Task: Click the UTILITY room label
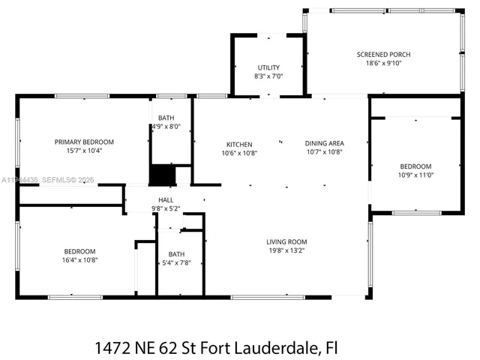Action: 268,67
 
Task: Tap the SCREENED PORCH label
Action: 383,55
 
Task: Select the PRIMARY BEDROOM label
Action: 84,142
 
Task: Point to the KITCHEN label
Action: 239,144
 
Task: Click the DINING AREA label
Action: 324,143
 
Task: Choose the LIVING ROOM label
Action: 286,241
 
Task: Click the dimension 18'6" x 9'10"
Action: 383,64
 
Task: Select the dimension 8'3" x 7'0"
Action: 268,76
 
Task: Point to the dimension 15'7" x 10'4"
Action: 84,151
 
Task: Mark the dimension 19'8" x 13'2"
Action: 286,250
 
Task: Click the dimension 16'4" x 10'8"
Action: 79,259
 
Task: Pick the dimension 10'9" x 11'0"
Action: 415,175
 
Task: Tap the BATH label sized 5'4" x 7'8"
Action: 176,254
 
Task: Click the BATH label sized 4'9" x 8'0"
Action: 166,118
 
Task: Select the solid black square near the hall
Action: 161,175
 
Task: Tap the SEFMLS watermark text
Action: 56,181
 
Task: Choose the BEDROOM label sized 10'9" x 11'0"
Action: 415,166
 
